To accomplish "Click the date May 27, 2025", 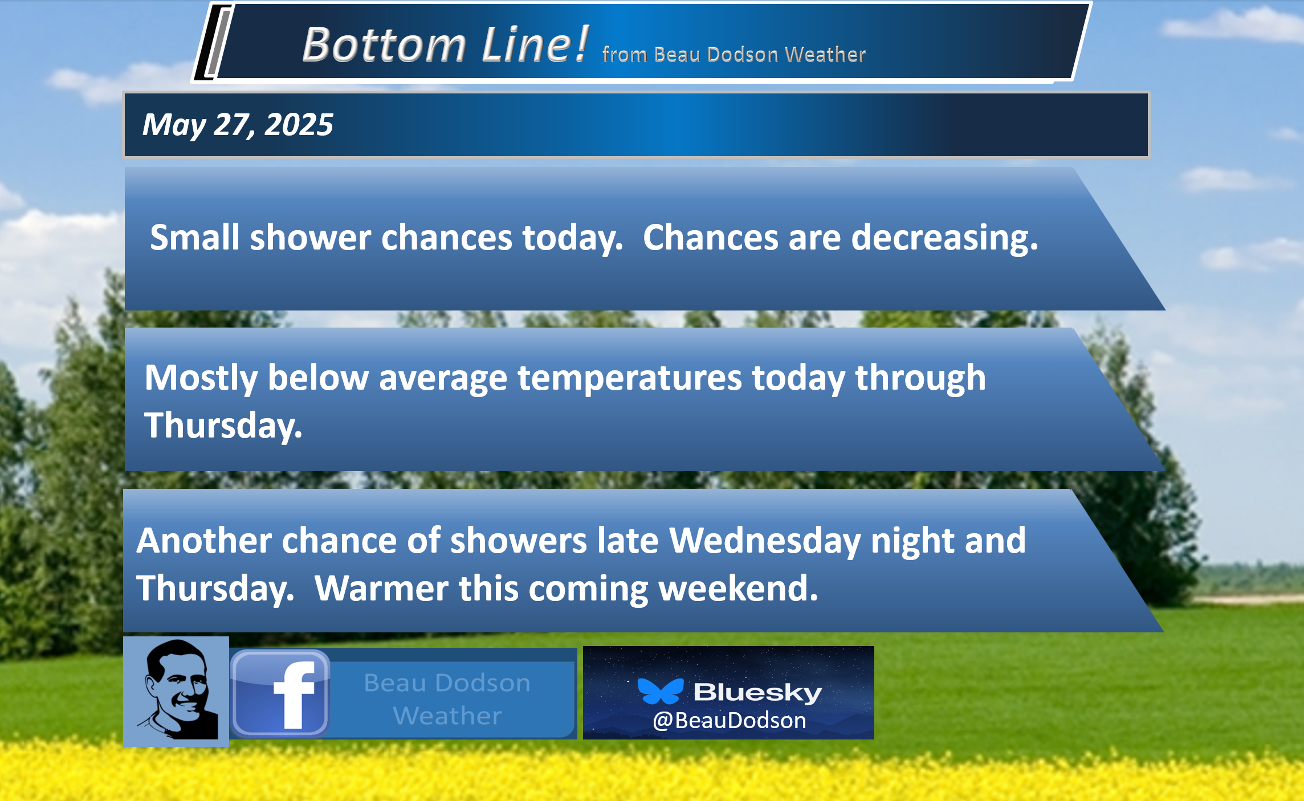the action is pyautogui.click(x=238, y=125).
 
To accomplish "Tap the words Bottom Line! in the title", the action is pyautogui.click(x=446, y=44).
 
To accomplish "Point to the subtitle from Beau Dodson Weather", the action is pyautogui.click(x=734, y=54).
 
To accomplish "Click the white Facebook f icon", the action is pyautogui.click(x=294, y=694).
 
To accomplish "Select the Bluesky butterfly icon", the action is pyautogui.click(x=661, y=691).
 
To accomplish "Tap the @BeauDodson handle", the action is pyautogui.click(x=730, y=721).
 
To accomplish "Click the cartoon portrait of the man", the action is pyautogui.click(x=176, y=691).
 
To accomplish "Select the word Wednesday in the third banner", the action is pyautogui.click(x=765, y=541).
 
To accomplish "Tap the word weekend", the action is pyautogui.click(x=739, y=588).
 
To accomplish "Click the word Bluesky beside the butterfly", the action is pyautogui.click(x=758, y=692).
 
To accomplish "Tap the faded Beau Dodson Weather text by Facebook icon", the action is pyautogui.click(x=447, y=699).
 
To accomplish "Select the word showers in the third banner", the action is pyautogui.click(x=519, y=540).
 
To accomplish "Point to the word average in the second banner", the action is pyautogui.click(x=443, y=379).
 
